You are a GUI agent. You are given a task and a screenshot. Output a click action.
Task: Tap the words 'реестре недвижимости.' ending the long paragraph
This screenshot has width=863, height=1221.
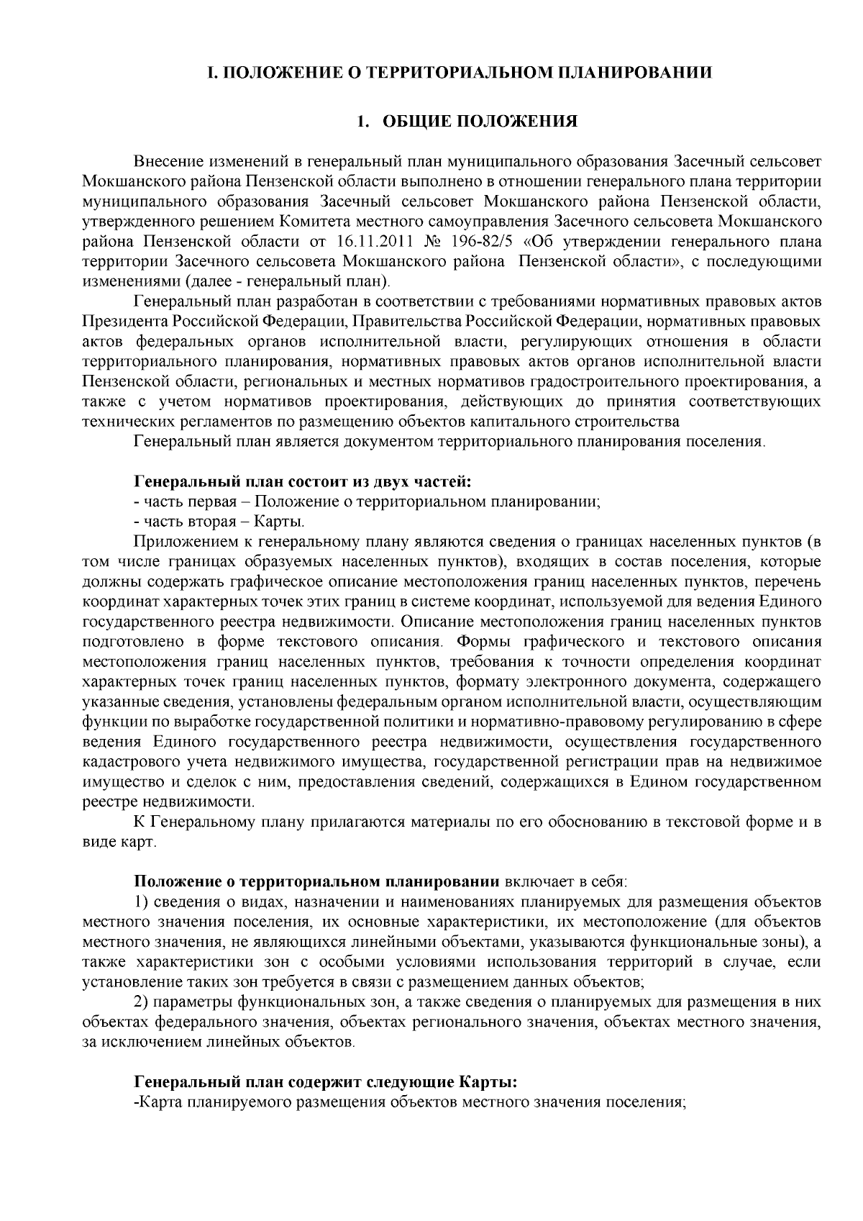point(168,801)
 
